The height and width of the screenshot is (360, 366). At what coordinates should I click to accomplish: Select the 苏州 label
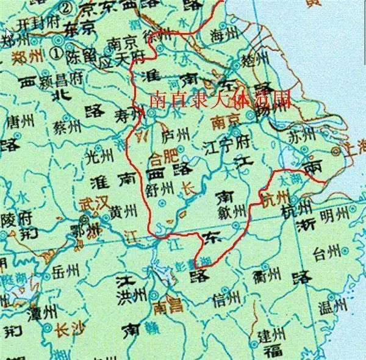[x=302, y=135]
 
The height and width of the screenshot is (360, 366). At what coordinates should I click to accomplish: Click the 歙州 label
[x=234, y=211]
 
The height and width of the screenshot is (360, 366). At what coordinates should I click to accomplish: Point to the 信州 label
[x=222, y=299]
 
